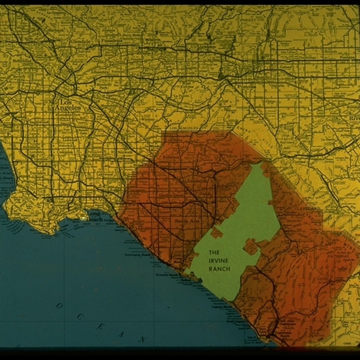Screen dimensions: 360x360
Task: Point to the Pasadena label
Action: tap(111, 41)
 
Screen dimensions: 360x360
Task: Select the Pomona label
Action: tap(246, 86)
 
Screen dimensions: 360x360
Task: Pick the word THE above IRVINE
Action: tap(214, 253)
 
